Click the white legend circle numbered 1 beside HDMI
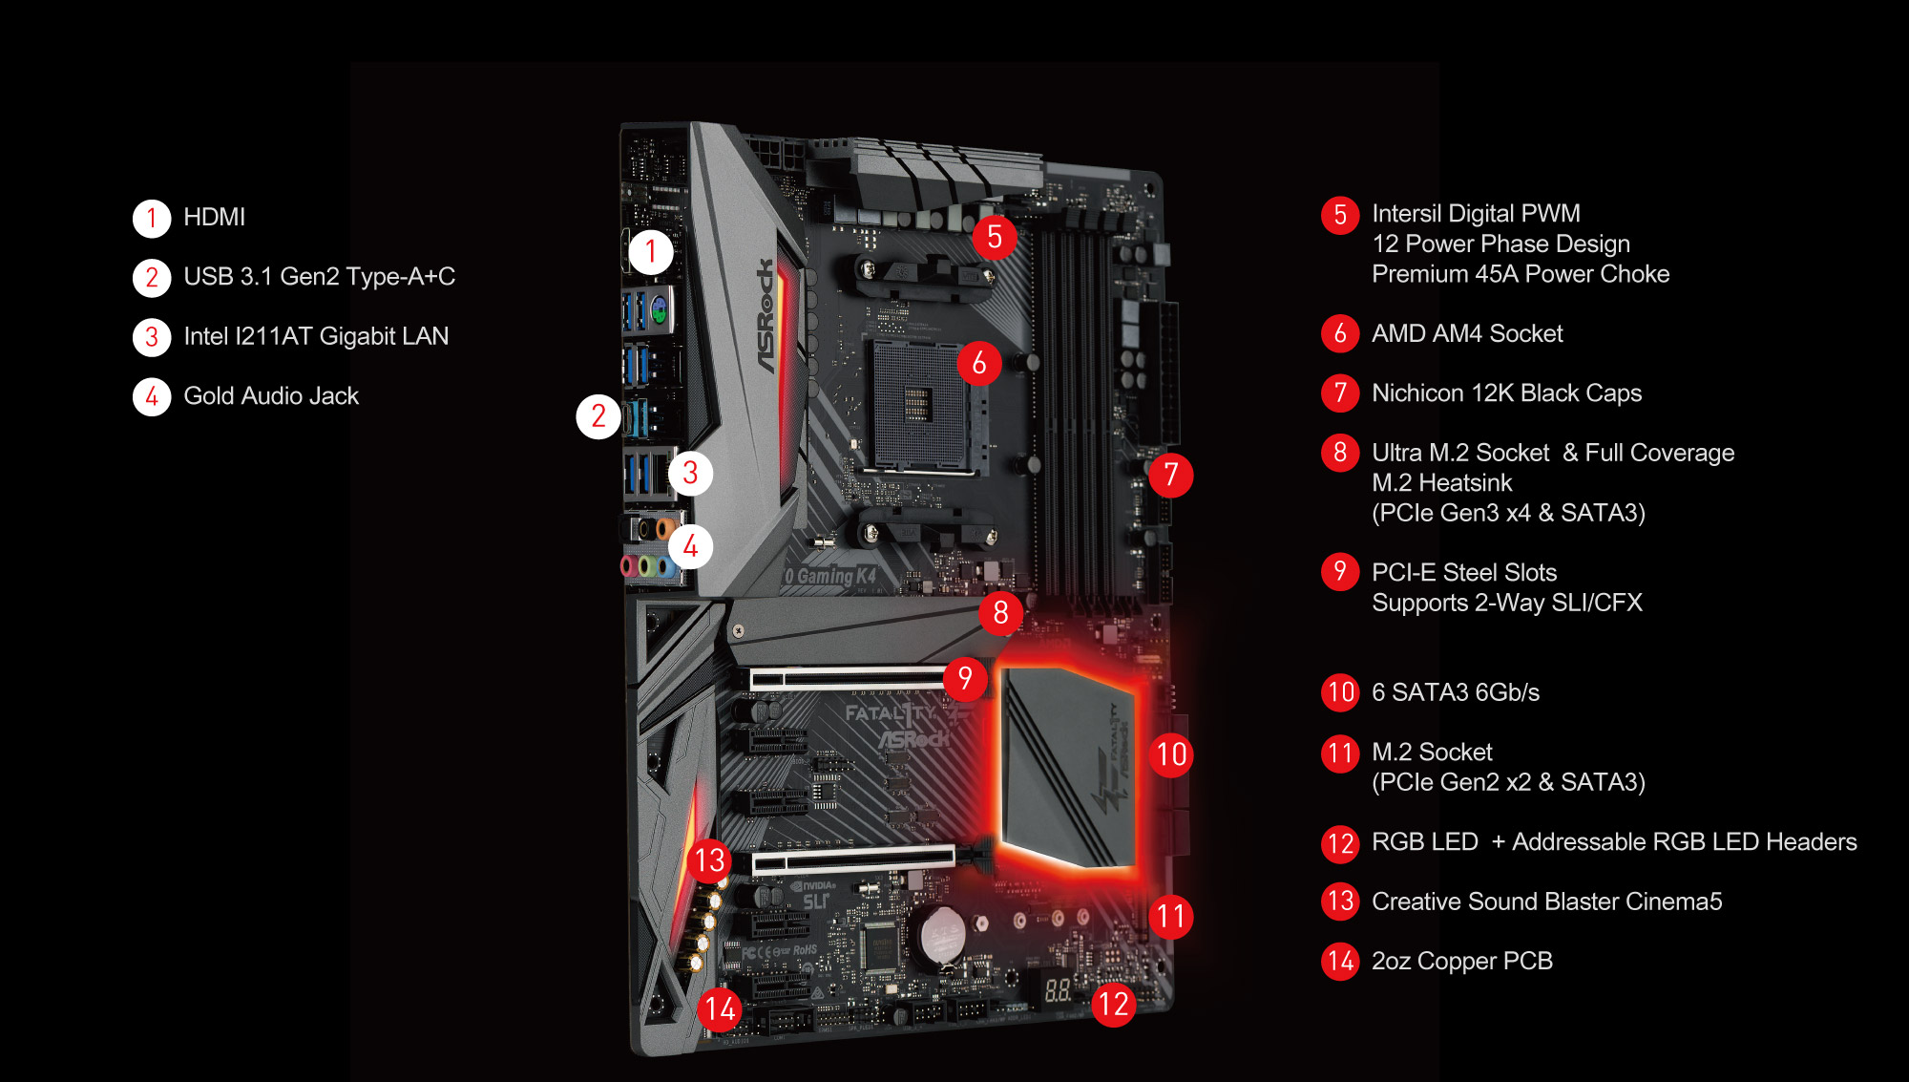coord(152,218)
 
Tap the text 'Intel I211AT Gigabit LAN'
coord(316,336)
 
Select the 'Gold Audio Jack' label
coord(271,395)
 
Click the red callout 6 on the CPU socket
coord(979,363)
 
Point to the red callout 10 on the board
coord(1171,754)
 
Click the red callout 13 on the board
coord(709,860)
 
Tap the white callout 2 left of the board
coord(598,416)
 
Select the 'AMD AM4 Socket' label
coord(1467,333)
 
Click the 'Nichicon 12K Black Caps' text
coord(1506,392)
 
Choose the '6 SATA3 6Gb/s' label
coord(1456,692)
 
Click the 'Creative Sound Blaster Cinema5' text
coord(1546,902)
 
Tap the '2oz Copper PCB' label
coord(1462,961)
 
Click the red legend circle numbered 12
coord(1340,843)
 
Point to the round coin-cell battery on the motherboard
coord(941,933)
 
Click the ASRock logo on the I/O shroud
coord(766,315)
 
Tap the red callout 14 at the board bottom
coord(720,1008)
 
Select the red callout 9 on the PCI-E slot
coord(965,678)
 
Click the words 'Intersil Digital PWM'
coord(1476,213)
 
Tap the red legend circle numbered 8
coord(1340,453)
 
